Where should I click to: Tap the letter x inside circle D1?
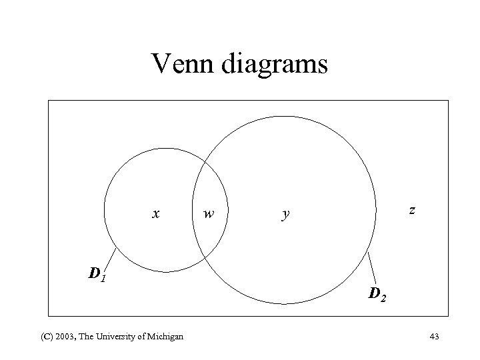[155, 213]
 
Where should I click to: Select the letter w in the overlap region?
[209, 214]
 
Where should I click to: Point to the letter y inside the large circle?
[286, 215]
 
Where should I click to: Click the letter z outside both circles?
[413, 210]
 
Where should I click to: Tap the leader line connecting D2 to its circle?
[372, 267]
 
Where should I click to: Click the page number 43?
[434, 336]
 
